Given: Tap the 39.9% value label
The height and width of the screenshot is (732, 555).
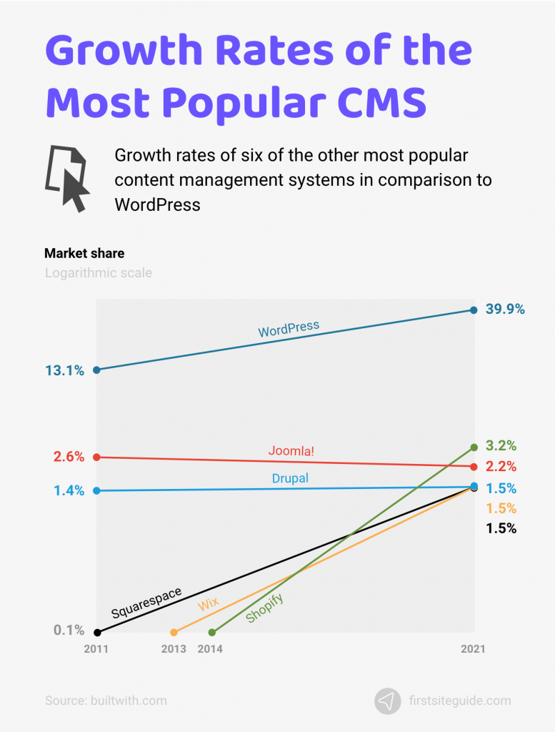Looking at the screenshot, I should [x=506, y=310].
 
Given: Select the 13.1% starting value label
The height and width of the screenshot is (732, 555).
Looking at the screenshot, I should [x=64, y=370].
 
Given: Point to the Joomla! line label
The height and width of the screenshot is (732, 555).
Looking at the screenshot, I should [x=291, y=451].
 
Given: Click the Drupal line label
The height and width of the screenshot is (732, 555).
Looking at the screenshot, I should [x=290, y=478].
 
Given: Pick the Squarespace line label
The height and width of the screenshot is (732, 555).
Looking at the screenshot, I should [x=146, y=603].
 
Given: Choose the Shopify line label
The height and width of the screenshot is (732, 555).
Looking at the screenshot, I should [x=264, y=608].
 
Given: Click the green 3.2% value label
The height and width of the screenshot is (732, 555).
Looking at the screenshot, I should [x=501, y=446].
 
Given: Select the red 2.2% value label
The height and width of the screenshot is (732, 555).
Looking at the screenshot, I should [x=501, y=467].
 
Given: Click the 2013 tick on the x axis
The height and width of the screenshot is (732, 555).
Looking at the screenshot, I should [x=174, y=649].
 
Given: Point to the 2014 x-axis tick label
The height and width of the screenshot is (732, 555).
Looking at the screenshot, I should [x=210, y=649].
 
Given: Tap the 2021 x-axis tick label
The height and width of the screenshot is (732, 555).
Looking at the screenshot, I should [x=473, y=649].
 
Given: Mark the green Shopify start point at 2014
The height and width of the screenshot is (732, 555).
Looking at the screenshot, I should [x=211, y=633].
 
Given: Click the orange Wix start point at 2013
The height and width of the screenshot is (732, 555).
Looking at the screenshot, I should [x=174, y=633].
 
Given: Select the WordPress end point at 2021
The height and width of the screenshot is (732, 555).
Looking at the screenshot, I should [x=474, y=310].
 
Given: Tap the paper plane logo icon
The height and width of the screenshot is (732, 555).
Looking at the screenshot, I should [x=387, y=701].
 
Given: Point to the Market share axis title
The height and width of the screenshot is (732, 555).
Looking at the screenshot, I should [x=84, y=253].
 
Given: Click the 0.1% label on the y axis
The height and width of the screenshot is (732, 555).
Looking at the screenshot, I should [x=69, y=630].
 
